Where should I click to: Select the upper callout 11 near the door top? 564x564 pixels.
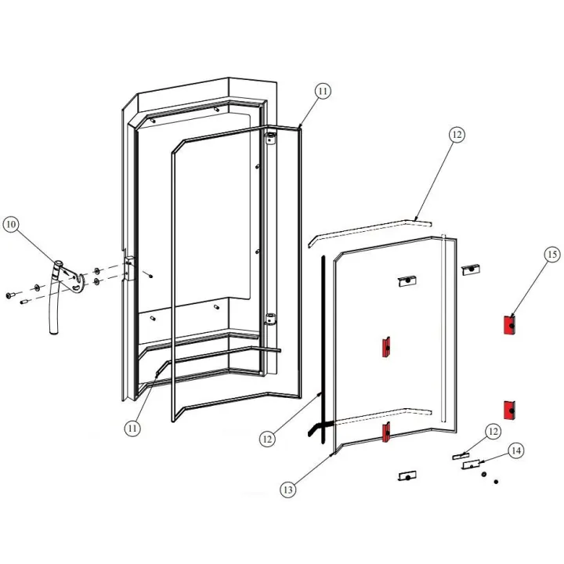point(324,91)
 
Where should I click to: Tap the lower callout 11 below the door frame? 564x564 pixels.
point(132,428)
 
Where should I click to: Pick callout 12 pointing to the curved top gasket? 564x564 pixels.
point(457,134)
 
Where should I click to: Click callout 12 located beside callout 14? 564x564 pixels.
point(492,432)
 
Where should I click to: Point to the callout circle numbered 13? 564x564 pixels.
point(288,490)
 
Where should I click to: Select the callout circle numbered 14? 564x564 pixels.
point(515,450)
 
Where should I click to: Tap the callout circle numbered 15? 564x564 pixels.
point(552,255)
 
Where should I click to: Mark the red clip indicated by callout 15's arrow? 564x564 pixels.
point(508,324)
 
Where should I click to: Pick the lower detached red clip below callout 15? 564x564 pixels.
point(508,409)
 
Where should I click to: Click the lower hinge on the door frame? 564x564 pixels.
point(270,319)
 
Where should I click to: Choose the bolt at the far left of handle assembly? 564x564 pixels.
point(10,296)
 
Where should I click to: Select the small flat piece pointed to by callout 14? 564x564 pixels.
point(472,464)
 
